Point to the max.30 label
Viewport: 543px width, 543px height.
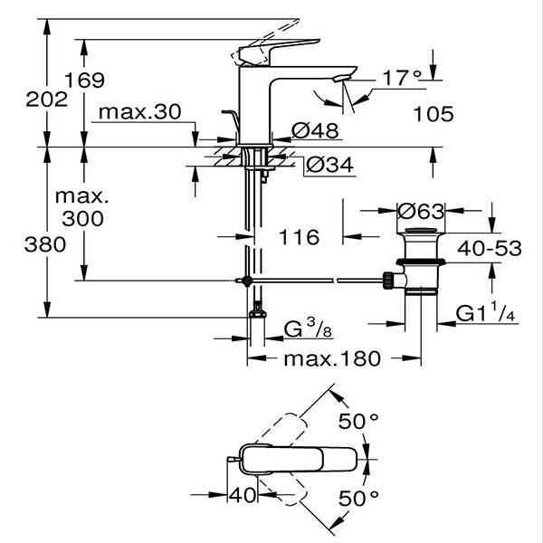(x=140, y=112)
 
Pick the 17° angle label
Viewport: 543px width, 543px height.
(x=399, y=79)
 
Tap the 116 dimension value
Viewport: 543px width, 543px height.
(x=300, y=237)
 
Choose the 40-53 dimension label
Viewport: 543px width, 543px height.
(x=490, y=248)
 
